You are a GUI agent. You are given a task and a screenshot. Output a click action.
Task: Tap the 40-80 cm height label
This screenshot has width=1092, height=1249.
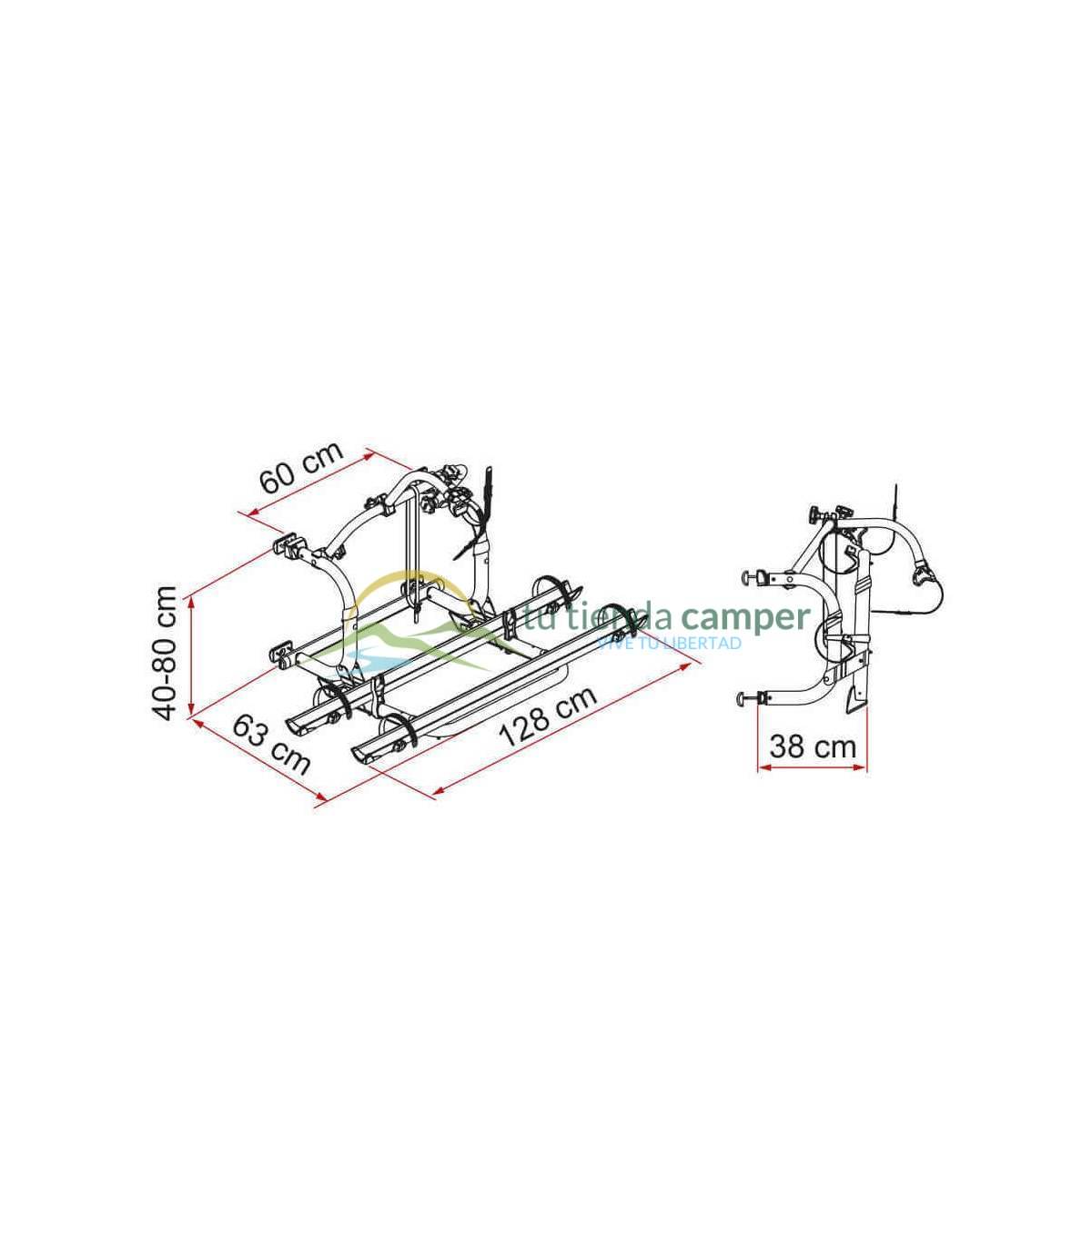(165, 653)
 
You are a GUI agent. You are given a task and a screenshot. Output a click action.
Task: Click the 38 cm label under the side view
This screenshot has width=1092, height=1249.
(813, 746)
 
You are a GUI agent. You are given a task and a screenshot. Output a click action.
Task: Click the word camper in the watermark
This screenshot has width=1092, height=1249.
(745, 617)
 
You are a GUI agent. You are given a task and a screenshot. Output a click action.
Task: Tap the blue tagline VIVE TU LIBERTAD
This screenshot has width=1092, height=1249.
(669, 643)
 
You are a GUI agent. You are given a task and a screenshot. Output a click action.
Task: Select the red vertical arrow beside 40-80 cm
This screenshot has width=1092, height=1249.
(192, 655)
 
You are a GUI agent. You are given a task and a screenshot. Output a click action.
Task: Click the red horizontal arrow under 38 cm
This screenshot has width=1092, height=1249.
(812, 767)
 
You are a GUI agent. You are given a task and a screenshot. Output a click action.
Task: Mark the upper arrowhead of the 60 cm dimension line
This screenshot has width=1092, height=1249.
(368, 453)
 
